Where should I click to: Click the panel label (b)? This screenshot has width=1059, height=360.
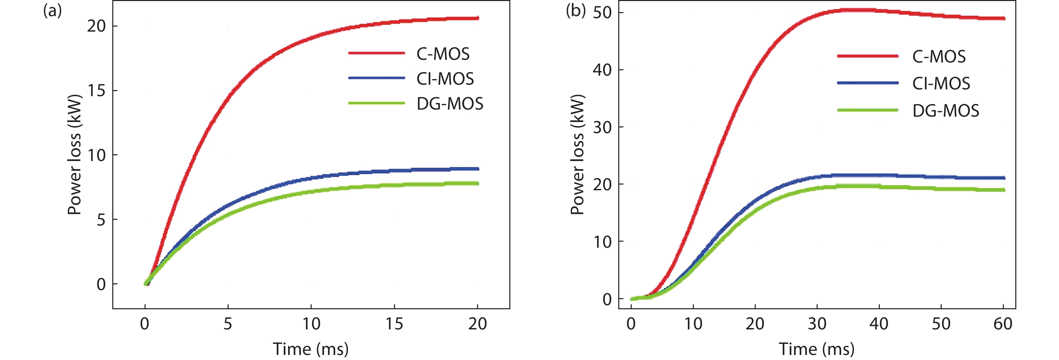(575, 11)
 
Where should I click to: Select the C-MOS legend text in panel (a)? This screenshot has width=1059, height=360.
(443, 54)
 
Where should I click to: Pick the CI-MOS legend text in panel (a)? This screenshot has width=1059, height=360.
(445, 79)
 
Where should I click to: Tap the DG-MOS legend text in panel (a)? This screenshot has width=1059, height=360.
(450, 104)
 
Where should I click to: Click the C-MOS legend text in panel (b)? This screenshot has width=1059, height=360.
(939, 57)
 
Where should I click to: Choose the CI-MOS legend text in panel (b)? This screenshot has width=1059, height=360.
(941, 84)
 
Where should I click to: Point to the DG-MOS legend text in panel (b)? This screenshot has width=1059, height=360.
(945, 111)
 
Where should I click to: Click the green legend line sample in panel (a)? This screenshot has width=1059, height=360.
(376, 103)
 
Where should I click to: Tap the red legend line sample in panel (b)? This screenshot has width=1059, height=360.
(867, 55)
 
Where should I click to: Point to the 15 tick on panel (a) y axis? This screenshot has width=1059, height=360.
(96, 91)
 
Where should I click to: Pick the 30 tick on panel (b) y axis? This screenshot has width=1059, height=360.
(602, 127)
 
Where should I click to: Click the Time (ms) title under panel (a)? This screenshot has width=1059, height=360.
(311, 349)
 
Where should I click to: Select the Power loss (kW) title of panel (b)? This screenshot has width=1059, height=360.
(577, 155)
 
